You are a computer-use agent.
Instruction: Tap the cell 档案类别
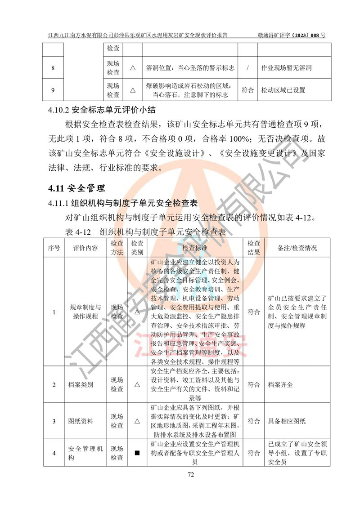pyautogui.click(x=81, y=385)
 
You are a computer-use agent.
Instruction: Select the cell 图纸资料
pyautogui.click(x=81, y=421)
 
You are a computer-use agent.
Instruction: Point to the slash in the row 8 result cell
pyautogui.click(x=248, y=68)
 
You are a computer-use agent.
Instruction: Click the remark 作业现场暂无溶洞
pyautogui.click(x=286, y=68)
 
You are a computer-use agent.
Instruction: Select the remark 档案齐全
pyautogui.click(x=280, y=385)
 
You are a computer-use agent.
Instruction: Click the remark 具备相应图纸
pyautogui.click(x=287, y=421)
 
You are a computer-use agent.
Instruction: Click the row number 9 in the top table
pyautogui.click(x=53, y=90)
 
